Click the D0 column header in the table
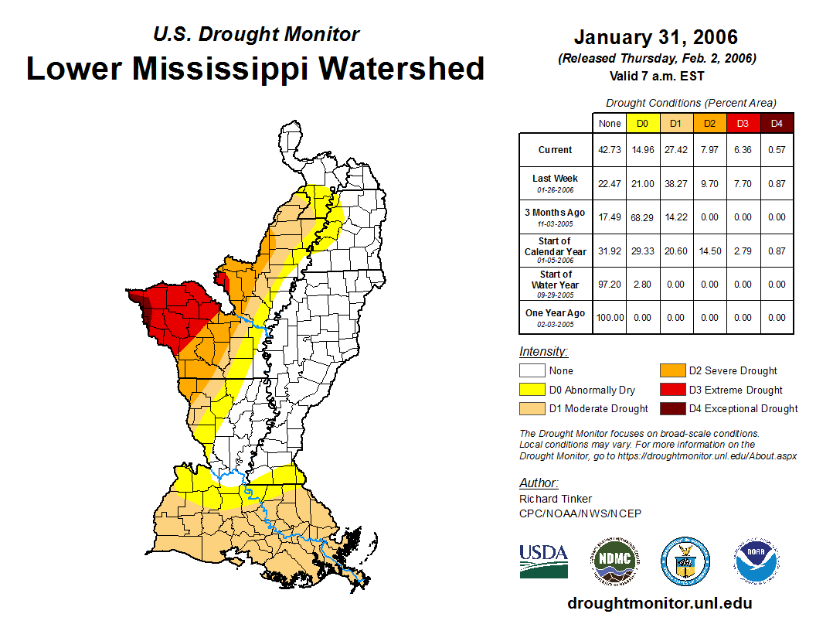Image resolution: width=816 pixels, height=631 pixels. click(642, 123)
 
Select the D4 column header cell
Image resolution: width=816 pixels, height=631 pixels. click(777, 123)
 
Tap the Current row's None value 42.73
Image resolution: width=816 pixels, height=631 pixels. click(609, 150)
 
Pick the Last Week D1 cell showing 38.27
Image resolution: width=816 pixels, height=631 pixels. click(676, 183)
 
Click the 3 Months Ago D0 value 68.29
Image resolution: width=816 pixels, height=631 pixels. click(642, 217)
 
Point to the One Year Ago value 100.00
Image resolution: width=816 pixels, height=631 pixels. click(609, 317)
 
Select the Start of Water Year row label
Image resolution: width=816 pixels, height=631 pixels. click(556, 284)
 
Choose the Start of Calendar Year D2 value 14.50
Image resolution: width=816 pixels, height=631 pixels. click(709, 251)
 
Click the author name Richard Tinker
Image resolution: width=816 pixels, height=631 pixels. click(556, 499)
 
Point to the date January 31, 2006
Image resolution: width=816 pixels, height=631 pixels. click(655, 37)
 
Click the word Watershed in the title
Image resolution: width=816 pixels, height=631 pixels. click(401, 69)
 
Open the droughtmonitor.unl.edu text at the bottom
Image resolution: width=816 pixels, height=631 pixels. click(659, 603)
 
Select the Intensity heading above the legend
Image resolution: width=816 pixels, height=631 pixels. click(543, 352)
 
